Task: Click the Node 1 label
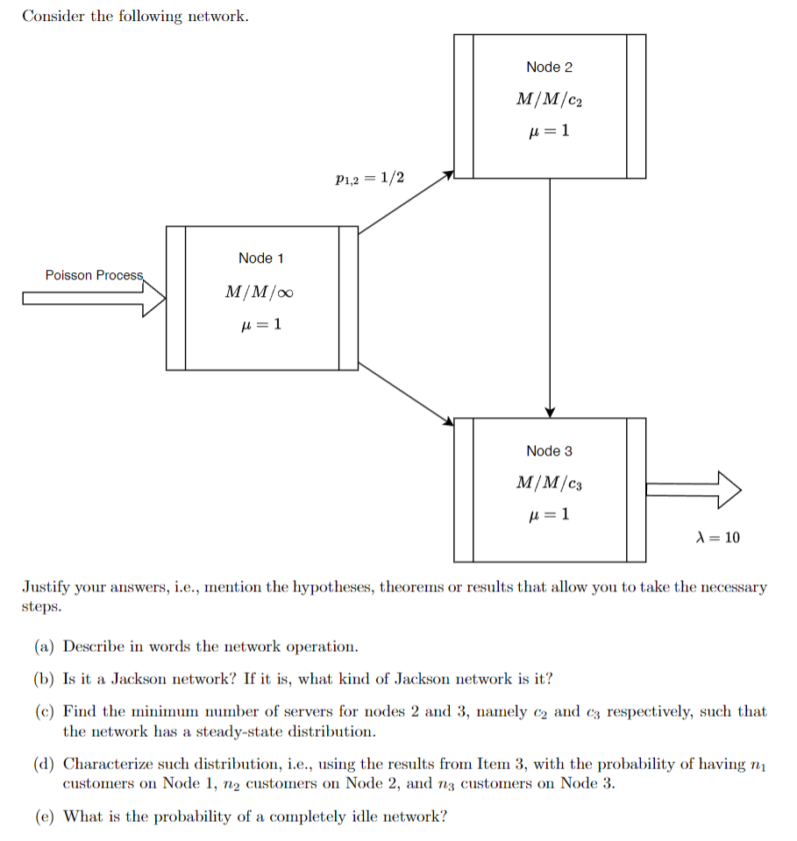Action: [x=260, y=258]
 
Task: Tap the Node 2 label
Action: [x=549, y=67]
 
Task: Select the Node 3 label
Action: [x=549, y=450]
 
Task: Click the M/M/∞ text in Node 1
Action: [x=260, y=292]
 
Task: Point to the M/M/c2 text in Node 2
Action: [x=549, y=100]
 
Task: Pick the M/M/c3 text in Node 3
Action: [x=549, y=483]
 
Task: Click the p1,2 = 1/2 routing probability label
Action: [x=370, y=178]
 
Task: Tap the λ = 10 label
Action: [x=716, y=537]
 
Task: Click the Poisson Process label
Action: [x=94, y=275]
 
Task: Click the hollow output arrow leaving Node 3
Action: [x=693, y=490]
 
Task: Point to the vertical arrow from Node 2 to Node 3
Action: [x=550, y=298]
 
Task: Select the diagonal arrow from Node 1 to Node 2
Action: [x=406, y=202]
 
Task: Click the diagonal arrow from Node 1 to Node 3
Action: [x=406, y=394]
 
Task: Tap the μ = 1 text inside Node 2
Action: [x=549, y=131]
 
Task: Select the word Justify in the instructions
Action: [x=44, y=587]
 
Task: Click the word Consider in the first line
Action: [x=52, y=16]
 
